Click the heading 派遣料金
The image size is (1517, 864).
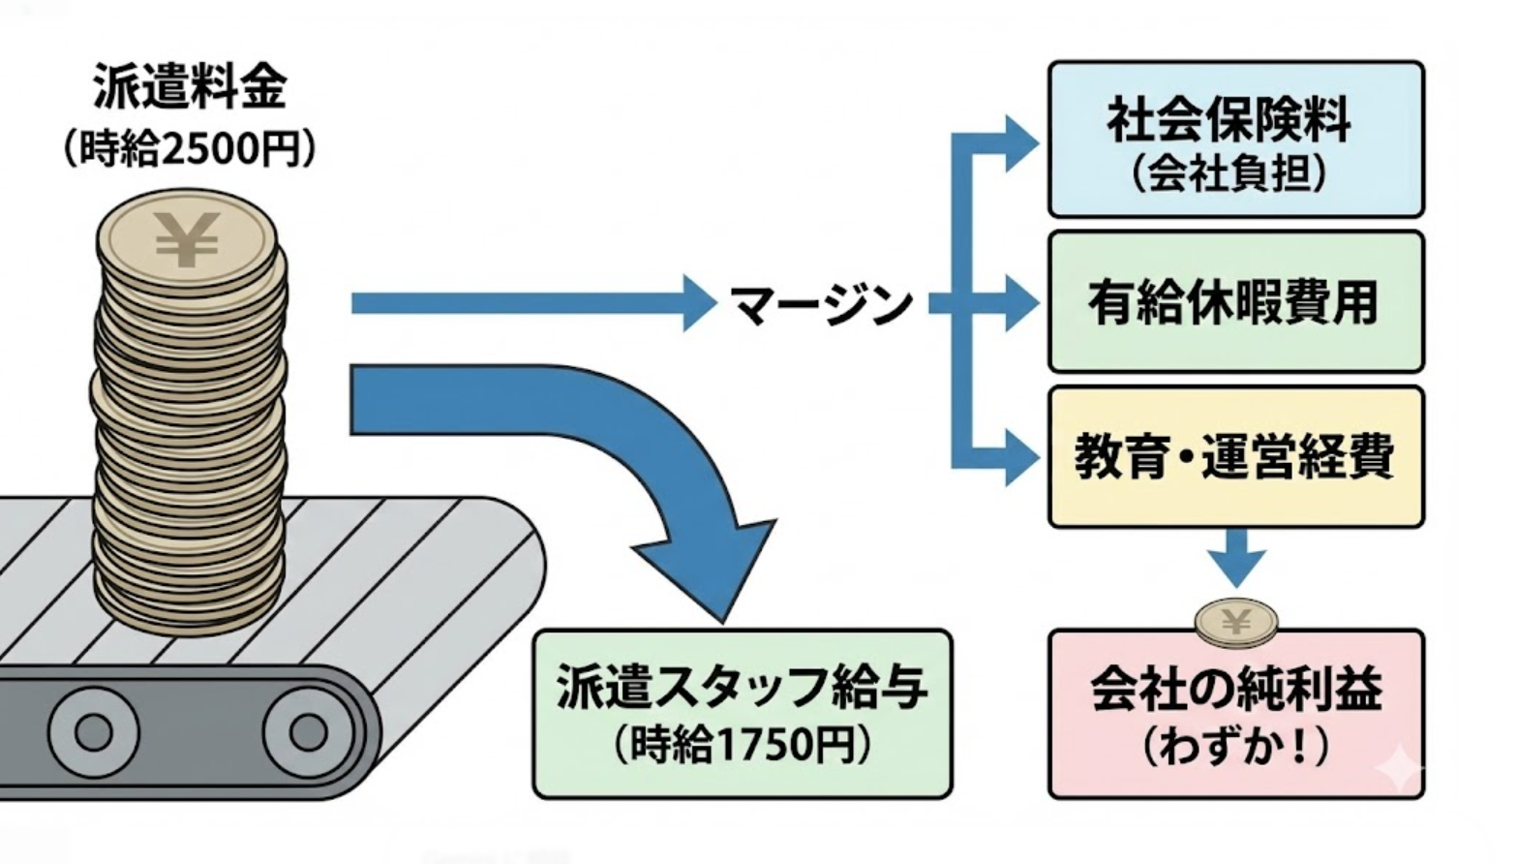pos(190,87)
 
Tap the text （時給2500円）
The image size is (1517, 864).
pos(190,149)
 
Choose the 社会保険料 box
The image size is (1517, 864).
pos(1235,138)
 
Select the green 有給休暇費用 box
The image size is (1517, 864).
pos(1235,302)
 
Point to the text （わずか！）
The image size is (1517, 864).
pos(1235,747)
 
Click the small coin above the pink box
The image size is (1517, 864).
pos(1235,623)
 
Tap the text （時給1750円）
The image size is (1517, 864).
pos(742,746)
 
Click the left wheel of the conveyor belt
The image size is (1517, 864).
pos(93,732)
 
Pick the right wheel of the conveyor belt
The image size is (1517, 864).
pos(307,732)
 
